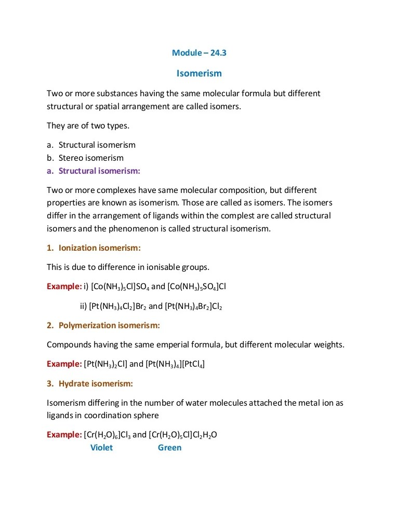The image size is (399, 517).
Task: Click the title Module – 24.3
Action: point(199,53)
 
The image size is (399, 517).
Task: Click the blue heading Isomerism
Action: point(199,73)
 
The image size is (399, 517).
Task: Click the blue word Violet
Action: point(101,447)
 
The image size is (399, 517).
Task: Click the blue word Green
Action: point(169,447)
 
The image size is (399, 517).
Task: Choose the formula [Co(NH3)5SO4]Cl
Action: point(197,287)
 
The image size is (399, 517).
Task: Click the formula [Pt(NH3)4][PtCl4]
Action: point(175,364)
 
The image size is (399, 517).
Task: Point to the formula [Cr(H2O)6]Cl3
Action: point(107,435)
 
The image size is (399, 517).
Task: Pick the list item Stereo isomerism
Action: point(91,158)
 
